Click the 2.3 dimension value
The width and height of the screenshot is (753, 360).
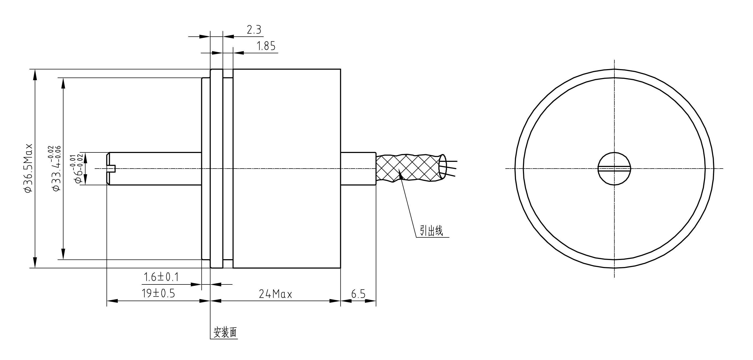(254, 30)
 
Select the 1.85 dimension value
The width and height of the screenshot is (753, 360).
(266, 46)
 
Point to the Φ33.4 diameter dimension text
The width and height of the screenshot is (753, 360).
(56, 168)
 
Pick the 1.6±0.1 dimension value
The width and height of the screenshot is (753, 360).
(161, 277)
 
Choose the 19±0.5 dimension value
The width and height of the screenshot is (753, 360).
(159, 293)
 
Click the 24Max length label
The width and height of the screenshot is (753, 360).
(275, 294)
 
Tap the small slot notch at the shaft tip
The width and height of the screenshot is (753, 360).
(112, 169)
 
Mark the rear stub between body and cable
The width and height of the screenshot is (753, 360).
(358, 169)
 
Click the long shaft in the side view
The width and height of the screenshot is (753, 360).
(155, 169)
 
